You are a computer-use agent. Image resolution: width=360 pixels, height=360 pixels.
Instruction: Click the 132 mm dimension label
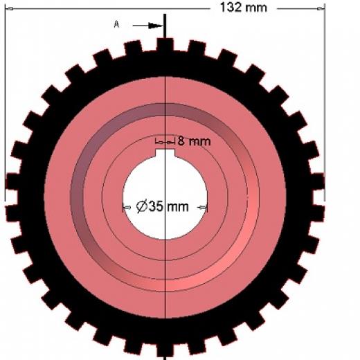click(x=244, y=8)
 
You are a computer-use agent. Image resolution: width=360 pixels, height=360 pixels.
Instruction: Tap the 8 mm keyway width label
click(x=194, y=141)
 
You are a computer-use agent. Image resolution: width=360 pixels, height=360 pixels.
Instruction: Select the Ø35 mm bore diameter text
click(x=162, y=206)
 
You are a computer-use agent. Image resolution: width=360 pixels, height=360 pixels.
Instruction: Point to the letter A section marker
click(x=116, y=24)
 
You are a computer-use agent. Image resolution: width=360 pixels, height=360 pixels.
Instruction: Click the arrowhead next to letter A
click(x=156, y=26)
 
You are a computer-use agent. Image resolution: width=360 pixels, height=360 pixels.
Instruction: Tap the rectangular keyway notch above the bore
click(x=165, y=153)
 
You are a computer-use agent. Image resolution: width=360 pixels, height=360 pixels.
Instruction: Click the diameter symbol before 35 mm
click(x=141, y=206)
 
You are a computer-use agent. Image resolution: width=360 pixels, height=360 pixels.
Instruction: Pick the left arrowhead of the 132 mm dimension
click(x=9, y=9)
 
